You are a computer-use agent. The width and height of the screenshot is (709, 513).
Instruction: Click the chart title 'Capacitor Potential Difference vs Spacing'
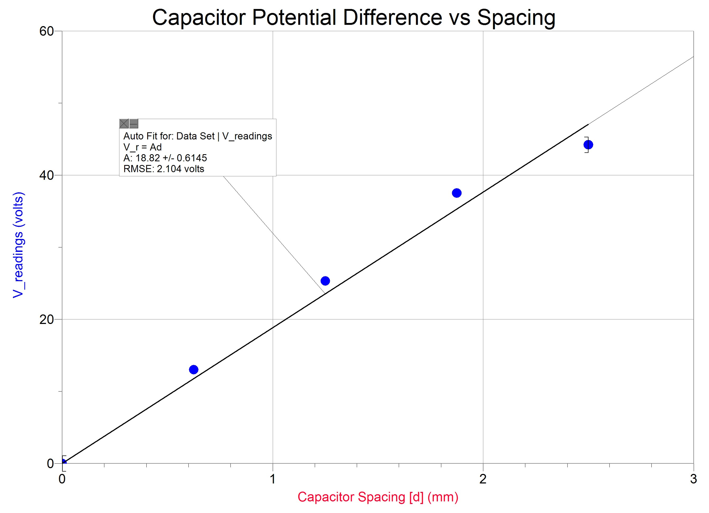[x=354, y=18]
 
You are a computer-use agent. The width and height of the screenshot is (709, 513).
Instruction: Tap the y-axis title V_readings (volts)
[x=18, y=245]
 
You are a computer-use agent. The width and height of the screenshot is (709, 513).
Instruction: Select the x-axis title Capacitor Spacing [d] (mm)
[x=378, y=497]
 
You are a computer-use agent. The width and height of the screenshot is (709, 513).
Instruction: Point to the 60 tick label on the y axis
[x=46, y=31]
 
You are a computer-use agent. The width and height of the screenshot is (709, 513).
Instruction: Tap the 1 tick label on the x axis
[x=273, y=479]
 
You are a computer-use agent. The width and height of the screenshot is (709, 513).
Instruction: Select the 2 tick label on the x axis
[x=483, y=479]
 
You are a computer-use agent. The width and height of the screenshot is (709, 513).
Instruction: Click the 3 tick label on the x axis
[x=693, y=479]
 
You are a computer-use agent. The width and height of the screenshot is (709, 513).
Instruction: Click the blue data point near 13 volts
[x=193, y=370]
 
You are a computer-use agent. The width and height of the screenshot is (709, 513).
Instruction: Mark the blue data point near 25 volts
[x=325, y=281]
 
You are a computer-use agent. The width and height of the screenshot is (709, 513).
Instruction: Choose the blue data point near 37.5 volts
[x=456, y=193]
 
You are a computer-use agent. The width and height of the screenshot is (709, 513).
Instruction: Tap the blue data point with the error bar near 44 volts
[x=588, y=145]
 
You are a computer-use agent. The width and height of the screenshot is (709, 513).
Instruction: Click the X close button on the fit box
[x=124, y=124]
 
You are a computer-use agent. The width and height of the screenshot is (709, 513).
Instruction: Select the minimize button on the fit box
[x=134, y=124]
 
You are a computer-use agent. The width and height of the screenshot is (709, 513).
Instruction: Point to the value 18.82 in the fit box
[x=147, y=158]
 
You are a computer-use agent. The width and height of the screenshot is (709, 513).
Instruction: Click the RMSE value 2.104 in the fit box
[x=169, y=169]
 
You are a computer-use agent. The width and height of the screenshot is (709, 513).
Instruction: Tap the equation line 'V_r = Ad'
[x=143, y=147]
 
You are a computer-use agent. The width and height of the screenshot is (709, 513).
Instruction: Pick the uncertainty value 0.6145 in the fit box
[x=192, y=158]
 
